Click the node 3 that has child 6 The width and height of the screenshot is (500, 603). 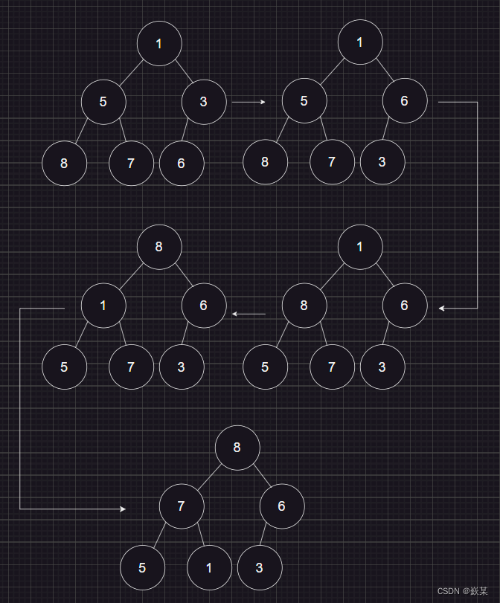click(204, 102)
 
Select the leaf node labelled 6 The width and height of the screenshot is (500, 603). click(182, 163)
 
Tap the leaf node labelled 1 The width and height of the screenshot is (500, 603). click(209, 567)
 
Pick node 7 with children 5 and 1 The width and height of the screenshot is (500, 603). click(182, 506)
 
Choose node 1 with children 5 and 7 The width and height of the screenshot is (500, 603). click(103, 305)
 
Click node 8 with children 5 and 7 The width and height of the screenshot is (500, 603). click(304, 305)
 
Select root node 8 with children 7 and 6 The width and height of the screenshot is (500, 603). click(237, 448)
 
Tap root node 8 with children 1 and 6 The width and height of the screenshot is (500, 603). click(159, 246)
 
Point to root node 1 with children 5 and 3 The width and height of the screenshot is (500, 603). click(159, 43)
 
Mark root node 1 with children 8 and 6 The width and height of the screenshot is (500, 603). click(360, 246)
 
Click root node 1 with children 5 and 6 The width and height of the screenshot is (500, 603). click(360, 42)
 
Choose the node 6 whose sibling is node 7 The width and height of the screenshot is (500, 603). click(282, 506)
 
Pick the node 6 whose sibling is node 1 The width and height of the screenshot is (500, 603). click(204, 305)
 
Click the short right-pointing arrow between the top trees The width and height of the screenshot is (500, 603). click(249, 102)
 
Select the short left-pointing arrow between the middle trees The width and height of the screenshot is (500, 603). click(249, 315)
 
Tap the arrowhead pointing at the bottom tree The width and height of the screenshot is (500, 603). click(123, 509)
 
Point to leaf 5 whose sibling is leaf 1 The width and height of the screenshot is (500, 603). click(142, 567)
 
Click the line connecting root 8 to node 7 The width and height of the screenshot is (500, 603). click(210, 477)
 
